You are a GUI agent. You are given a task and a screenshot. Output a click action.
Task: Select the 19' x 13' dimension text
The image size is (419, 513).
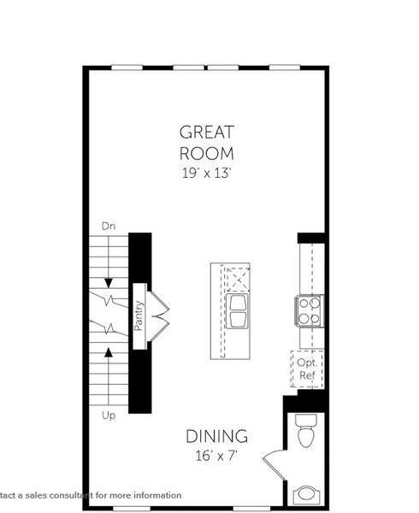tap(206, 172)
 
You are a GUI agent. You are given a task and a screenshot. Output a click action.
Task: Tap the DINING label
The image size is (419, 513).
tap(217, 437)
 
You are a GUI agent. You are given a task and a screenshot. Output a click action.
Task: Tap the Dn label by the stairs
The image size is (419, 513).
tap(109, 227)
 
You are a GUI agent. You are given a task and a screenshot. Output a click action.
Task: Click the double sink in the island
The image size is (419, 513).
tap(237, 310)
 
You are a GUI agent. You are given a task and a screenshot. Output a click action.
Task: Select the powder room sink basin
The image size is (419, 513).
tap(305, 495)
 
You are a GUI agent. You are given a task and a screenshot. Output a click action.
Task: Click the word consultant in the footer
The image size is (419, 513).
tap(83, 495)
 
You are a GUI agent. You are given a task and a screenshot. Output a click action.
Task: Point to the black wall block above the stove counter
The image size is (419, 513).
tap(310, 238)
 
